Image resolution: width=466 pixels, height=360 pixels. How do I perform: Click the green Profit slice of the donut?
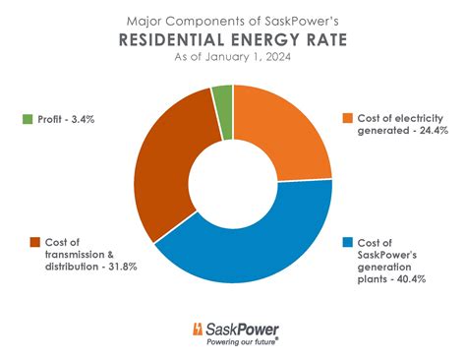pyautogui.click(x=223, y=99)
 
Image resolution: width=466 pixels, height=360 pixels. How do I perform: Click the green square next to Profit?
pyautogui.click(x=25, y=118)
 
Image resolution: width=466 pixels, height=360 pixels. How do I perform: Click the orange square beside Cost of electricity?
pyautogui.click(x=346, y=118)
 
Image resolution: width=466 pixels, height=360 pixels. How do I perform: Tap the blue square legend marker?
pyautogui.click(x=346, y=242)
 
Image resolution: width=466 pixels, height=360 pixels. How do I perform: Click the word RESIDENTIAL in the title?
pyautogui.click(x=170, y=40)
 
